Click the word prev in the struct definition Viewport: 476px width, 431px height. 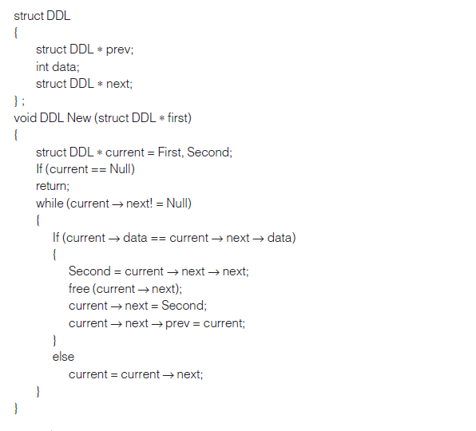pos(118,50)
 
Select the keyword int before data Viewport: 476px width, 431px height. pos(42,67)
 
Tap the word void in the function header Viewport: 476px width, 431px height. pos(26,117)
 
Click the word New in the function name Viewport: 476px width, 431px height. pos(79,117)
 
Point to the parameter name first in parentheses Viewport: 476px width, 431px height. pos(177,117)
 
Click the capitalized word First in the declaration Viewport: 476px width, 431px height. pos(171,152)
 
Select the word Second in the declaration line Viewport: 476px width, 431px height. pos(208,152)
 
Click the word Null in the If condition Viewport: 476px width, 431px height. pos(121,169)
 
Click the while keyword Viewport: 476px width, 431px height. pos(50,204)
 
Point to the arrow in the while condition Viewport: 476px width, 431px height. pos(117,204)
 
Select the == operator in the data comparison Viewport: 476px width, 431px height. pos(158,239)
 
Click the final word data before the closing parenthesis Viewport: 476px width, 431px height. pos(280,238)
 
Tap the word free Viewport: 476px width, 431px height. pos(79,288)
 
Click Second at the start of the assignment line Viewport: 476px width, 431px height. pos(89,271)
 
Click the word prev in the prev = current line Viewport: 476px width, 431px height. pos(177,324)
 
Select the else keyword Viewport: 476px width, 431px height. pos(63,357)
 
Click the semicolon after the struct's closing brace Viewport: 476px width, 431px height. pos(23,101)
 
